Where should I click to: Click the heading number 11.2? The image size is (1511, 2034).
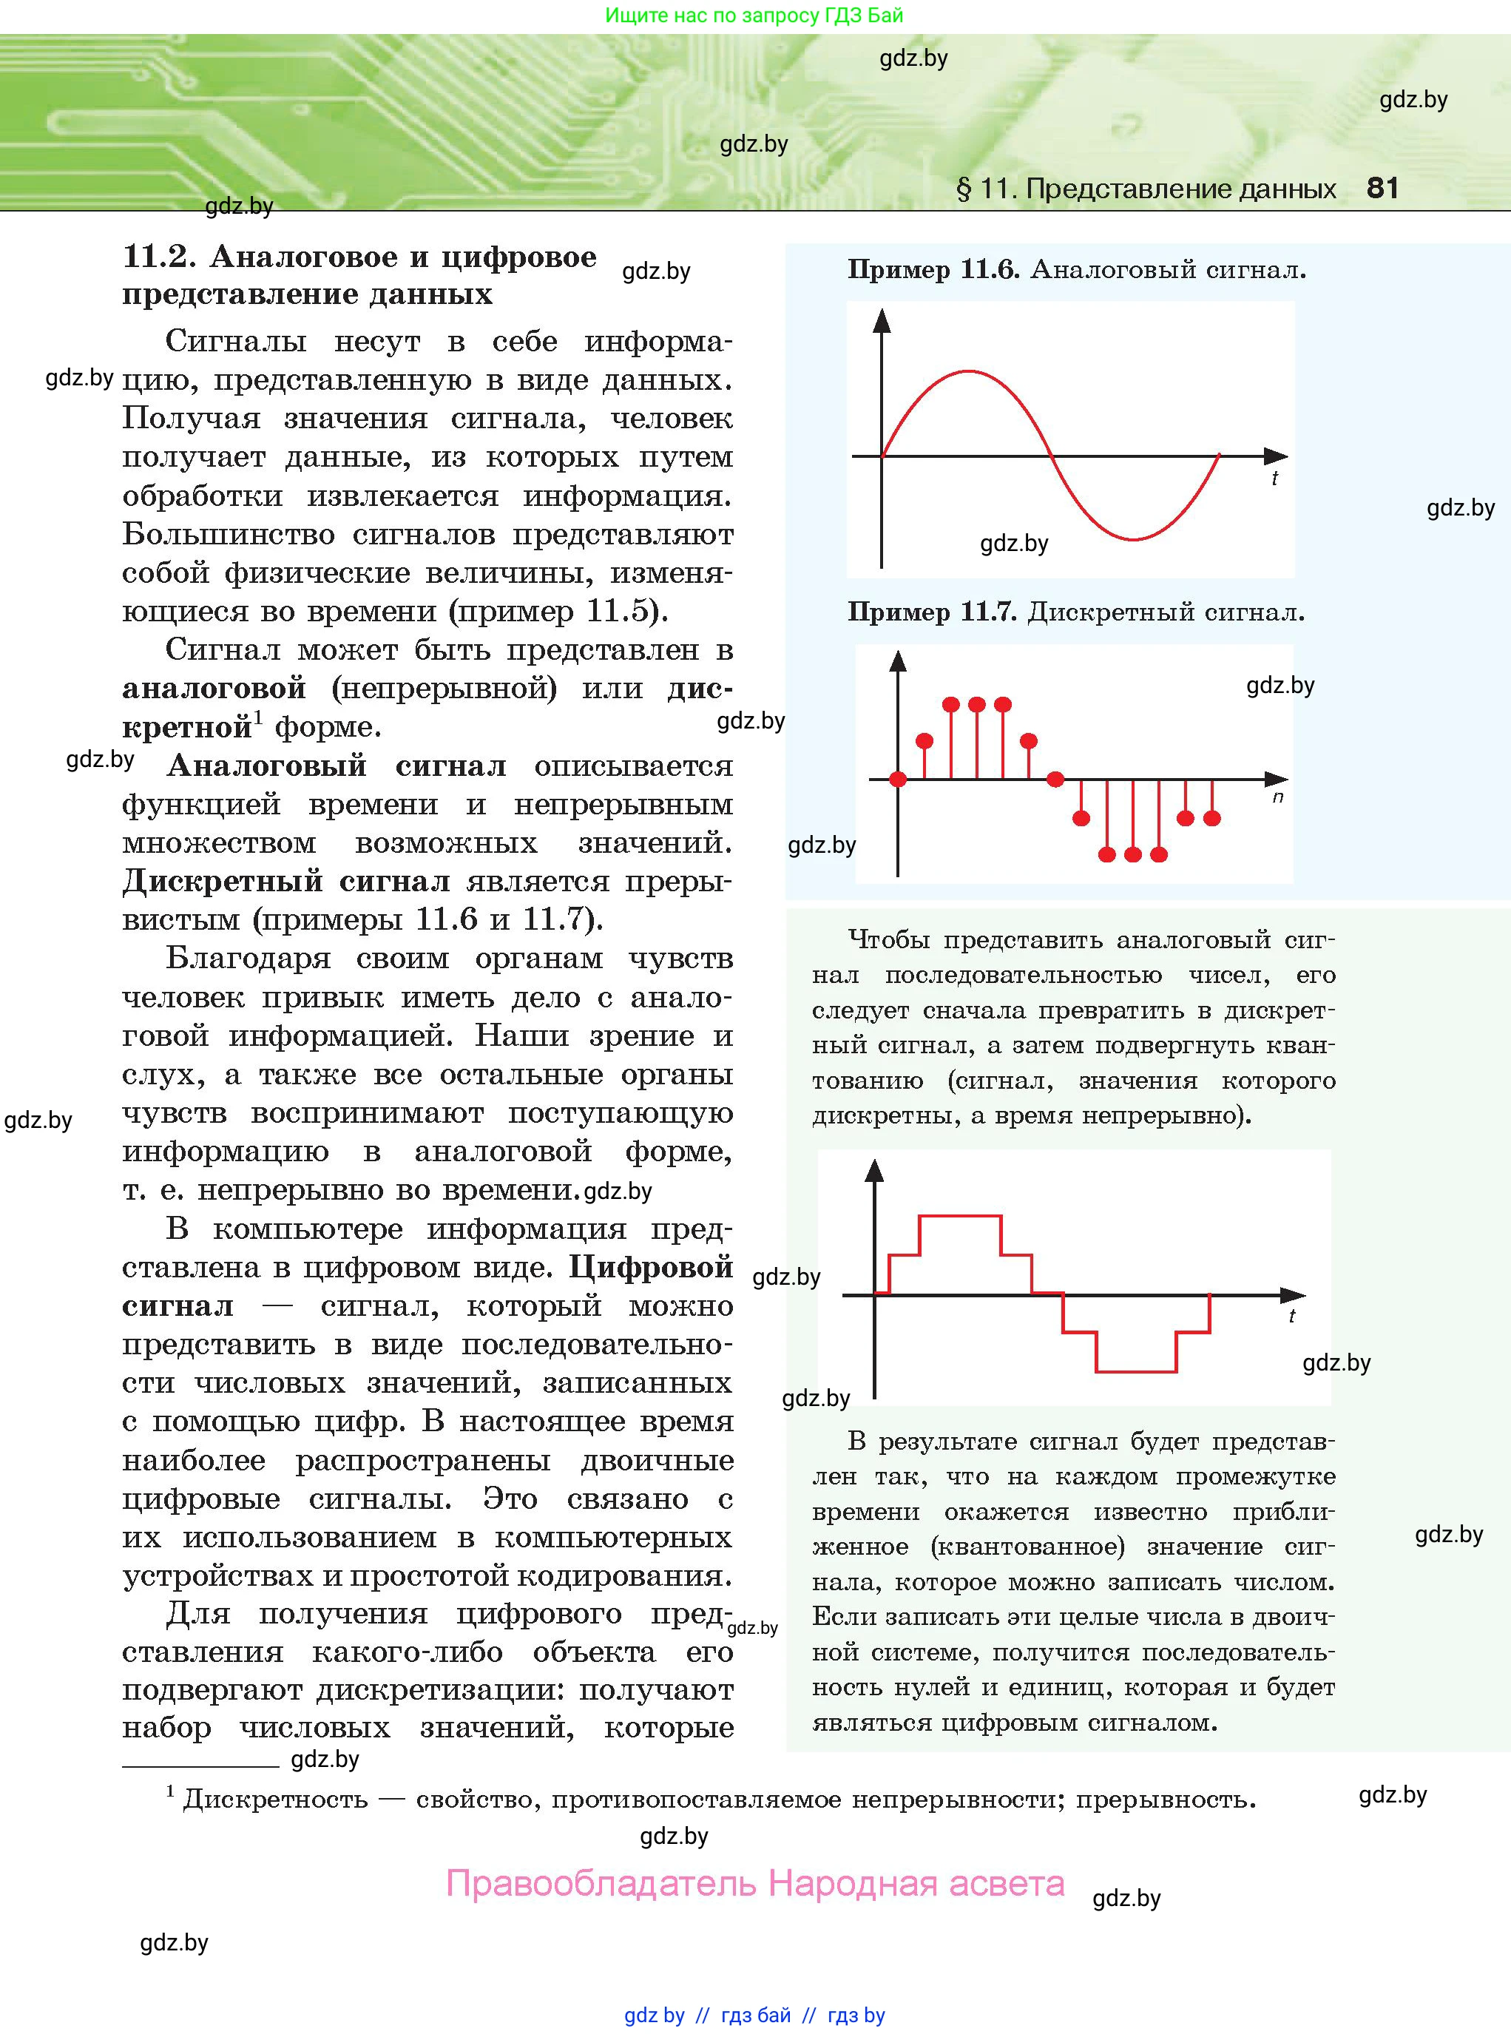(158, 257)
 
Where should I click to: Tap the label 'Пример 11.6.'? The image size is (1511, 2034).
(933, 270)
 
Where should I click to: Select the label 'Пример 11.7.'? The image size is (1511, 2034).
(932, 612)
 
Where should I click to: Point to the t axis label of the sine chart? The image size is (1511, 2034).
(1274, 479)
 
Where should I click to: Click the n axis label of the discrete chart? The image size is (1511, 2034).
(1278, 797)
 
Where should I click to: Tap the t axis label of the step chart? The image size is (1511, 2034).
(1291, 1316)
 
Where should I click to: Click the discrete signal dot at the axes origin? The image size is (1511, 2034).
(898, 780)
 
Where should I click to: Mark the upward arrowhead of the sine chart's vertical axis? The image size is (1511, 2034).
(882, 320)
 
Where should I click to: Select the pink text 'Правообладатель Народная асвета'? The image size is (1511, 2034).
(756, 1883)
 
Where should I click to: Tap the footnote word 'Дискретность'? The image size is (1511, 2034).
(275, 1799)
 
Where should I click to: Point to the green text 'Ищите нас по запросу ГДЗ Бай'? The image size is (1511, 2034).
(754, 16)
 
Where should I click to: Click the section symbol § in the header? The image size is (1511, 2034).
(963, 189)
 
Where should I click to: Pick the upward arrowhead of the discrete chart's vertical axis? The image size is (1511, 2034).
(898, 661)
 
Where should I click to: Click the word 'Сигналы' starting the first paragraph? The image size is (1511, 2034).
(235, 341)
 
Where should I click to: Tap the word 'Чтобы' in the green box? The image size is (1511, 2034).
(888, 939)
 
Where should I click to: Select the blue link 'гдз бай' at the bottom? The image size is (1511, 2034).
(756, 2015)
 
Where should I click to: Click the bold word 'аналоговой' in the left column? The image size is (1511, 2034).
(214, 688)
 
